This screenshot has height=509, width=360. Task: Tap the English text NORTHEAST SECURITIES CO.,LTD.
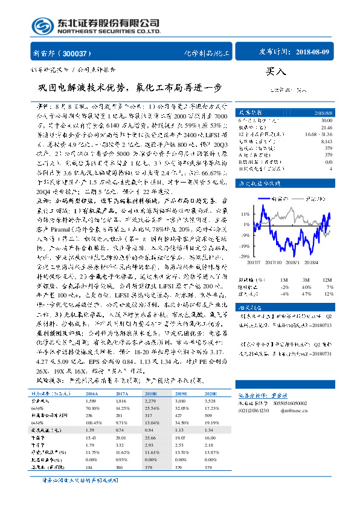(108, 31)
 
